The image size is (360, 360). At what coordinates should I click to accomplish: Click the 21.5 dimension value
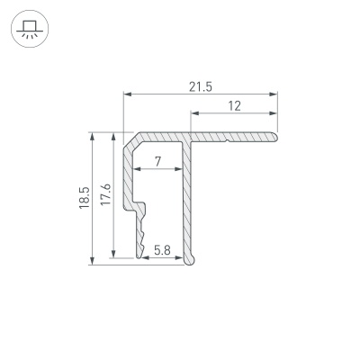200,86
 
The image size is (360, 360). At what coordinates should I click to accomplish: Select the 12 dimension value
234,106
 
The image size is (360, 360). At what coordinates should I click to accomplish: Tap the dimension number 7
158,162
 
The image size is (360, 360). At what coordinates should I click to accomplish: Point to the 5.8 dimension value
163,249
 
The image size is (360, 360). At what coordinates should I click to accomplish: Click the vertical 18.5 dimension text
84,198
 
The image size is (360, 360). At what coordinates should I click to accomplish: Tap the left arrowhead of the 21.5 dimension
126,94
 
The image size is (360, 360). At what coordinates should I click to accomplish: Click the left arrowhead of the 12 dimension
193,114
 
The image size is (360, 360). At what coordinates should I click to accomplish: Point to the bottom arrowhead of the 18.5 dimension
93,261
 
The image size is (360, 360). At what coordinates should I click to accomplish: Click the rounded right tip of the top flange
274,136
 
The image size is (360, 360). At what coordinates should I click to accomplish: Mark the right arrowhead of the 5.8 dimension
182,256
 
